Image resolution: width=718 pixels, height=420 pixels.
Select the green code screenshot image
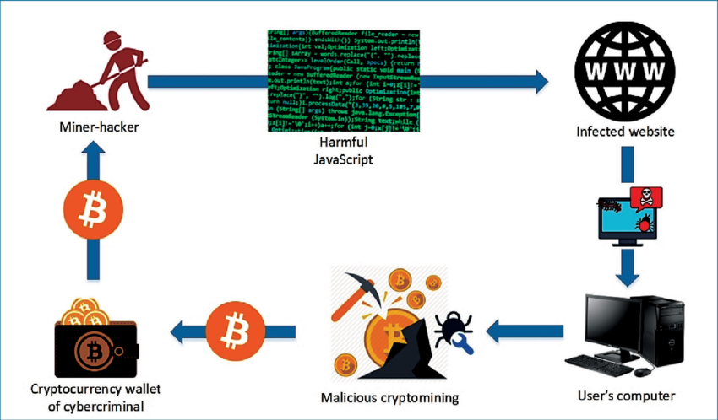[341, 81]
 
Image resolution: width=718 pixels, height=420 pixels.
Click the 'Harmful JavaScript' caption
[341, 151]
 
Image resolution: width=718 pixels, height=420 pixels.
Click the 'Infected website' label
[623, 132]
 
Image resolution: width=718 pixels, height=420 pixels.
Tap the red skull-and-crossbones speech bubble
[645, 197]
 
